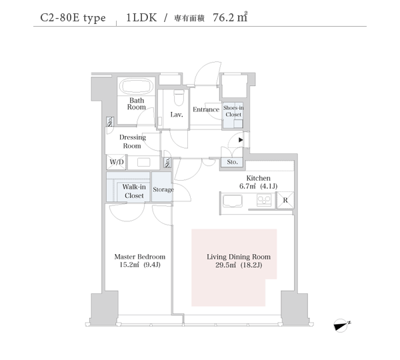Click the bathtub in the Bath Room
pos(137,86)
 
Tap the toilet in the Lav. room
pos(179,98)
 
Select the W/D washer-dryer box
pos(116,162)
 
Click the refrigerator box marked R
pos(285,200)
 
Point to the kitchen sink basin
pos(233,201)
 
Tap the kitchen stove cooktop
pos(264,200)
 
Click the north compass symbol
pos(341,325)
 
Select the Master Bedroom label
pos(140,261)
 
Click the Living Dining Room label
pos(239,261)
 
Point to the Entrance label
pos(206,109)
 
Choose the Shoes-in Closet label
pos(233,111)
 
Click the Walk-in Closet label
pos(134,191)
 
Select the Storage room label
pos(163,189)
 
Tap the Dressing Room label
pos(133,141)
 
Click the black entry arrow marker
pos(241,140)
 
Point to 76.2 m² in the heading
pos(230,17)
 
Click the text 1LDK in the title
pos(141,17)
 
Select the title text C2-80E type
pos(73,18)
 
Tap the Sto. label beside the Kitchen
pos(232,162)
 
